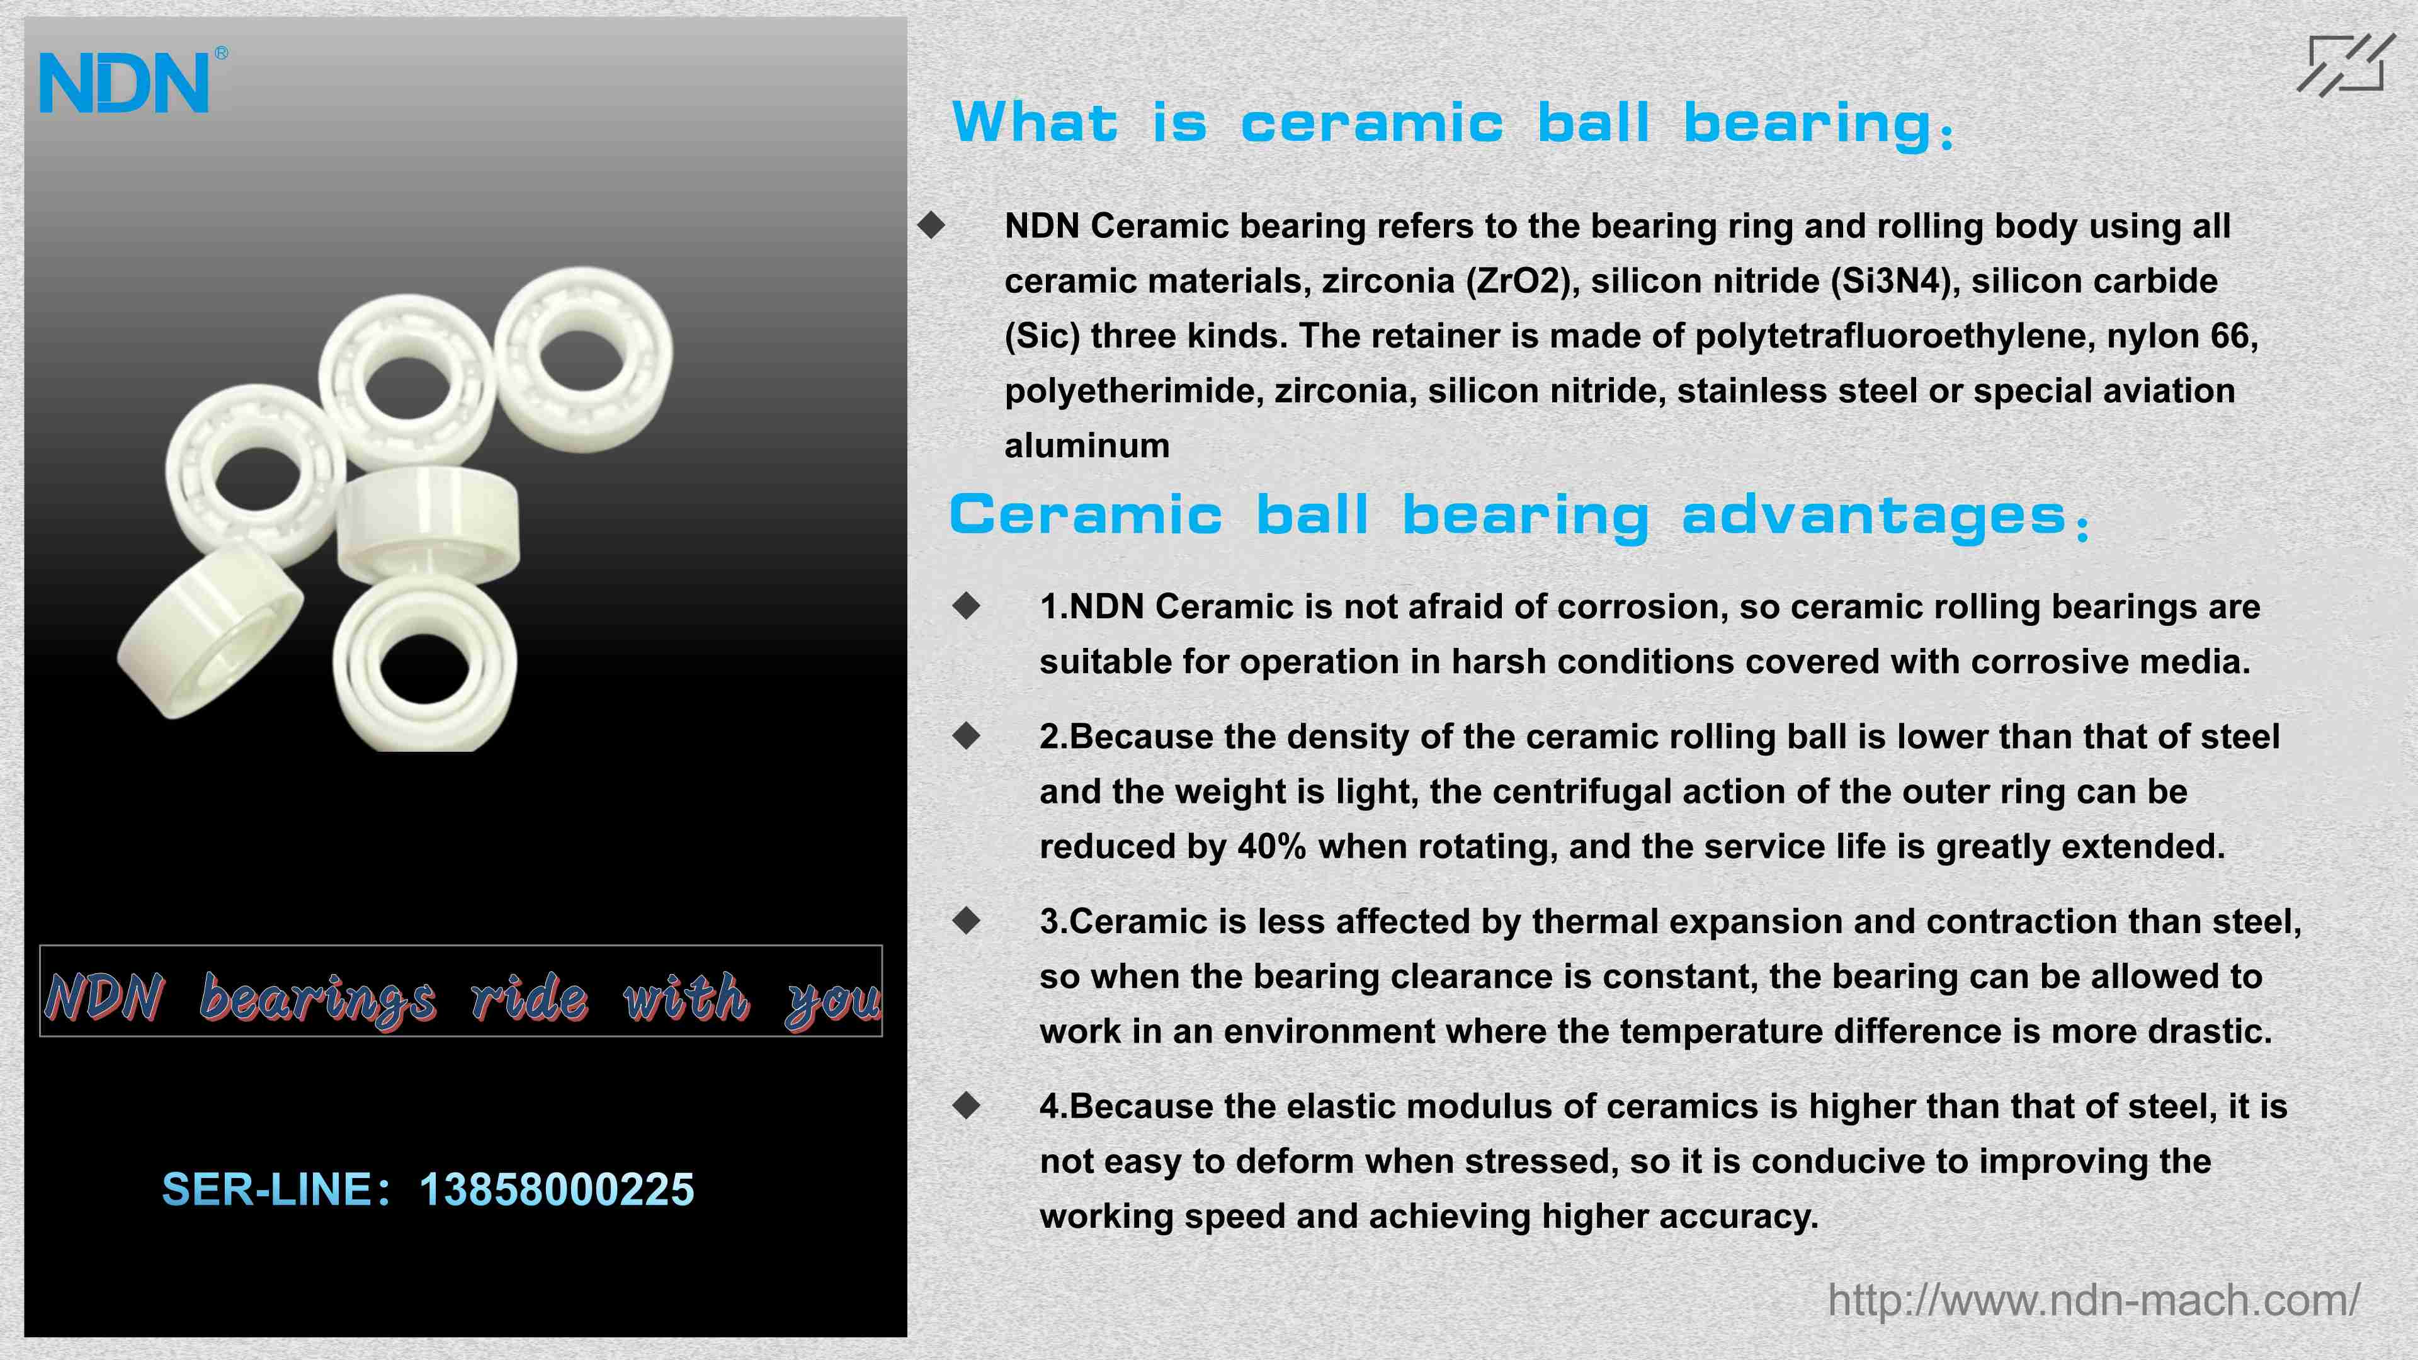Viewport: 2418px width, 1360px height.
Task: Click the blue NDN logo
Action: pyautogui.click(x=124, y=82)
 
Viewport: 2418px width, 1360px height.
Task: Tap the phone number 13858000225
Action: pyautogui.click(x=557, y=1189)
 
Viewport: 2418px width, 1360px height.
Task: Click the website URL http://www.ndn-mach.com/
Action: pyautogui.click(x=2093, y=1300)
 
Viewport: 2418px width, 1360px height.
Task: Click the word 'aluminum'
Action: pyautogui.click(x=1087, y=446)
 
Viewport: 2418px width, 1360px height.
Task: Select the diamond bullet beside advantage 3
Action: pyautogui.click(x=966, y=921)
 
